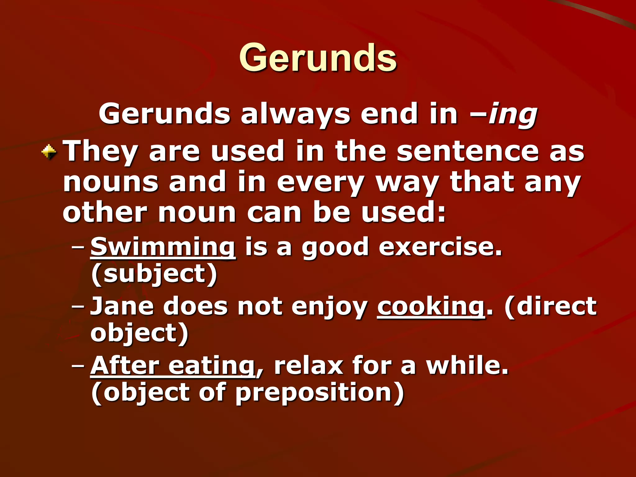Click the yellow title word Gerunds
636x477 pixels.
[318, 58]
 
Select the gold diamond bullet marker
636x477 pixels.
[49, 152]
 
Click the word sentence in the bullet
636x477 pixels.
[468, 152]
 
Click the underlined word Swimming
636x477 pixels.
[163, 247]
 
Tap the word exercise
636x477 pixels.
[440, 247]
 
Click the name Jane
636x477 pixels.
[122, 306]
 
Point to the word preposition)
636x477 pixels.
[320, 393]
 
